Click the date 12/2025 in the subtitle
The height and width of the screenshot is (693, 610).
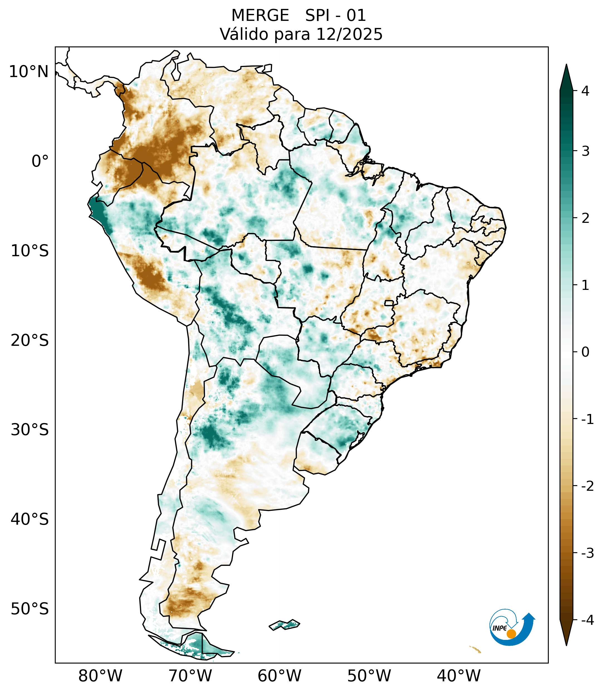click(x=349, y=34)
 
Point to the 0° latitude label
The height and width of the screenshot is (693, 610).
click(x=40, y=161)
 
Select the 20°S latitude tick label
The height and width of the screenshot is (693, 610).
click(x=30, y=341)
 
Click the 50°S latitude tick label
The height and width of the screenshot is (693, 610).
click(x=30, y=609)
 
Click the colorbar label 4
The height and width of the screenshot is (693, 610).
click(x=585, y=91)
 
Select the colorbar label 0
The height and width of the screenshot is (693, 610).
click(x=585, y=352)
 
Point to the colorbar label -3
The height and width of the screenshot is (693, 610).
click(x=587, y=553)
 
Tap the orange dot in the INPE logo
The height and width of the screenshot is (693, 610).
click(x=511, y=634)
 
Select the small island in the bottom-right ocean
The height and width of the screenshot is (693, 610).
click(x=475, y=649)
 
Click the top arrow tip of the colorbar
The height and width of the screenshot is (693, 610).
click(x=566, y=66)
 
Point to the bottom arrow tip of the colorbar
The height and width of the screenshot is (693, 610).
click(x=566, y=644)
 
